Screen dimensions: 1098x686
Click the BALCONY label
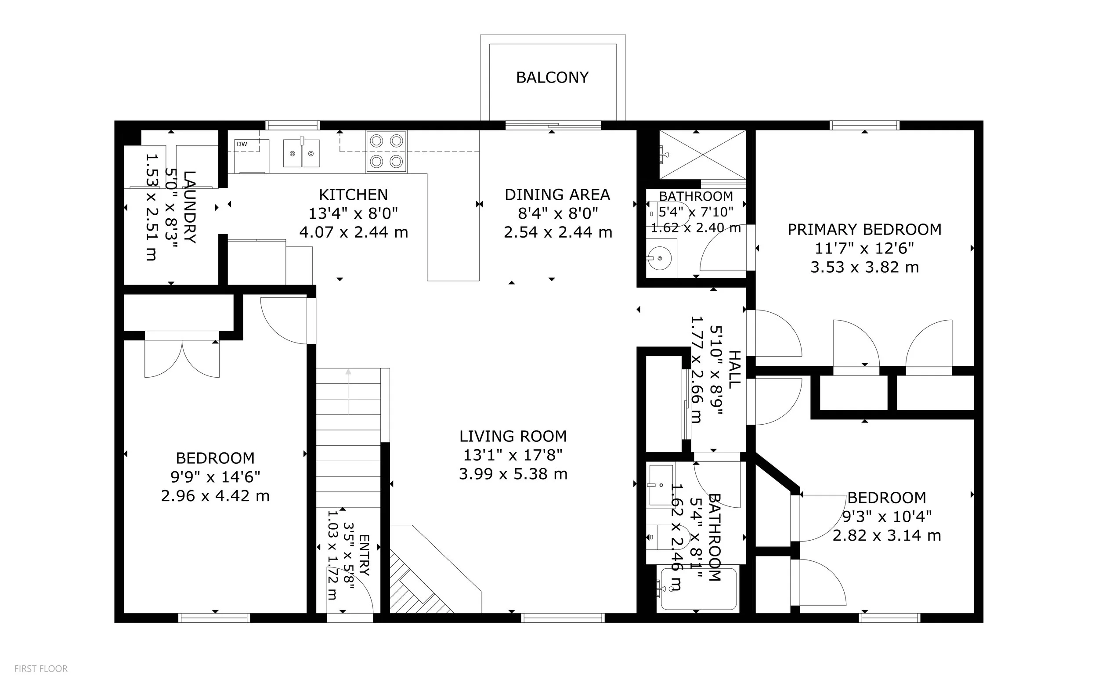click(552, 78)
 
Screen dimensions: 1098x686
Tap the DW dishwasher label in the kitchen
click(242, 144)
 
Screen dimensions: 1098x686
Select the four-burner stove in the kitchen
click(386, 152)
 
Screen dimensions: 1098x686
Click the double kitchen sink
click(301, 153)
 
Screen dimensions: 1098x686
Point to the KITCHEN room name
click(354, 195)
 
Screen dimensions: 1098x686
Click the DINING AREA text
click(557, 195)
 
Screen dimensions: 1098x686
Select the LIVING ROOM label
click(513, 436)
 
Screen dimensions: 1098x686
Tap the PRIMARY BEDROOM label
click(864, 230)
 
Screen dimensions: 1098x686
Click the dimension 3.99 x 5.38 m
click(513, 474)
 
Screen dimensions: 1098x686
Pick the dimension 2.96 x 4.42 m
click(215, 496)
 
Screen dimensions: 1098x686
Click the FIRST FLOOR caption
click(41, 668)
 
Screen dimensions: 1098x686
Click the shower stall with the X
click(702, 155)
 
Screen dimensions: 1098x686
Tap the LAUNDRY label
click(190, 207)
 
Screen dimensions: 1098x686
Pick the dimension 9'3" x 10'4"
click(887, 516)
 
